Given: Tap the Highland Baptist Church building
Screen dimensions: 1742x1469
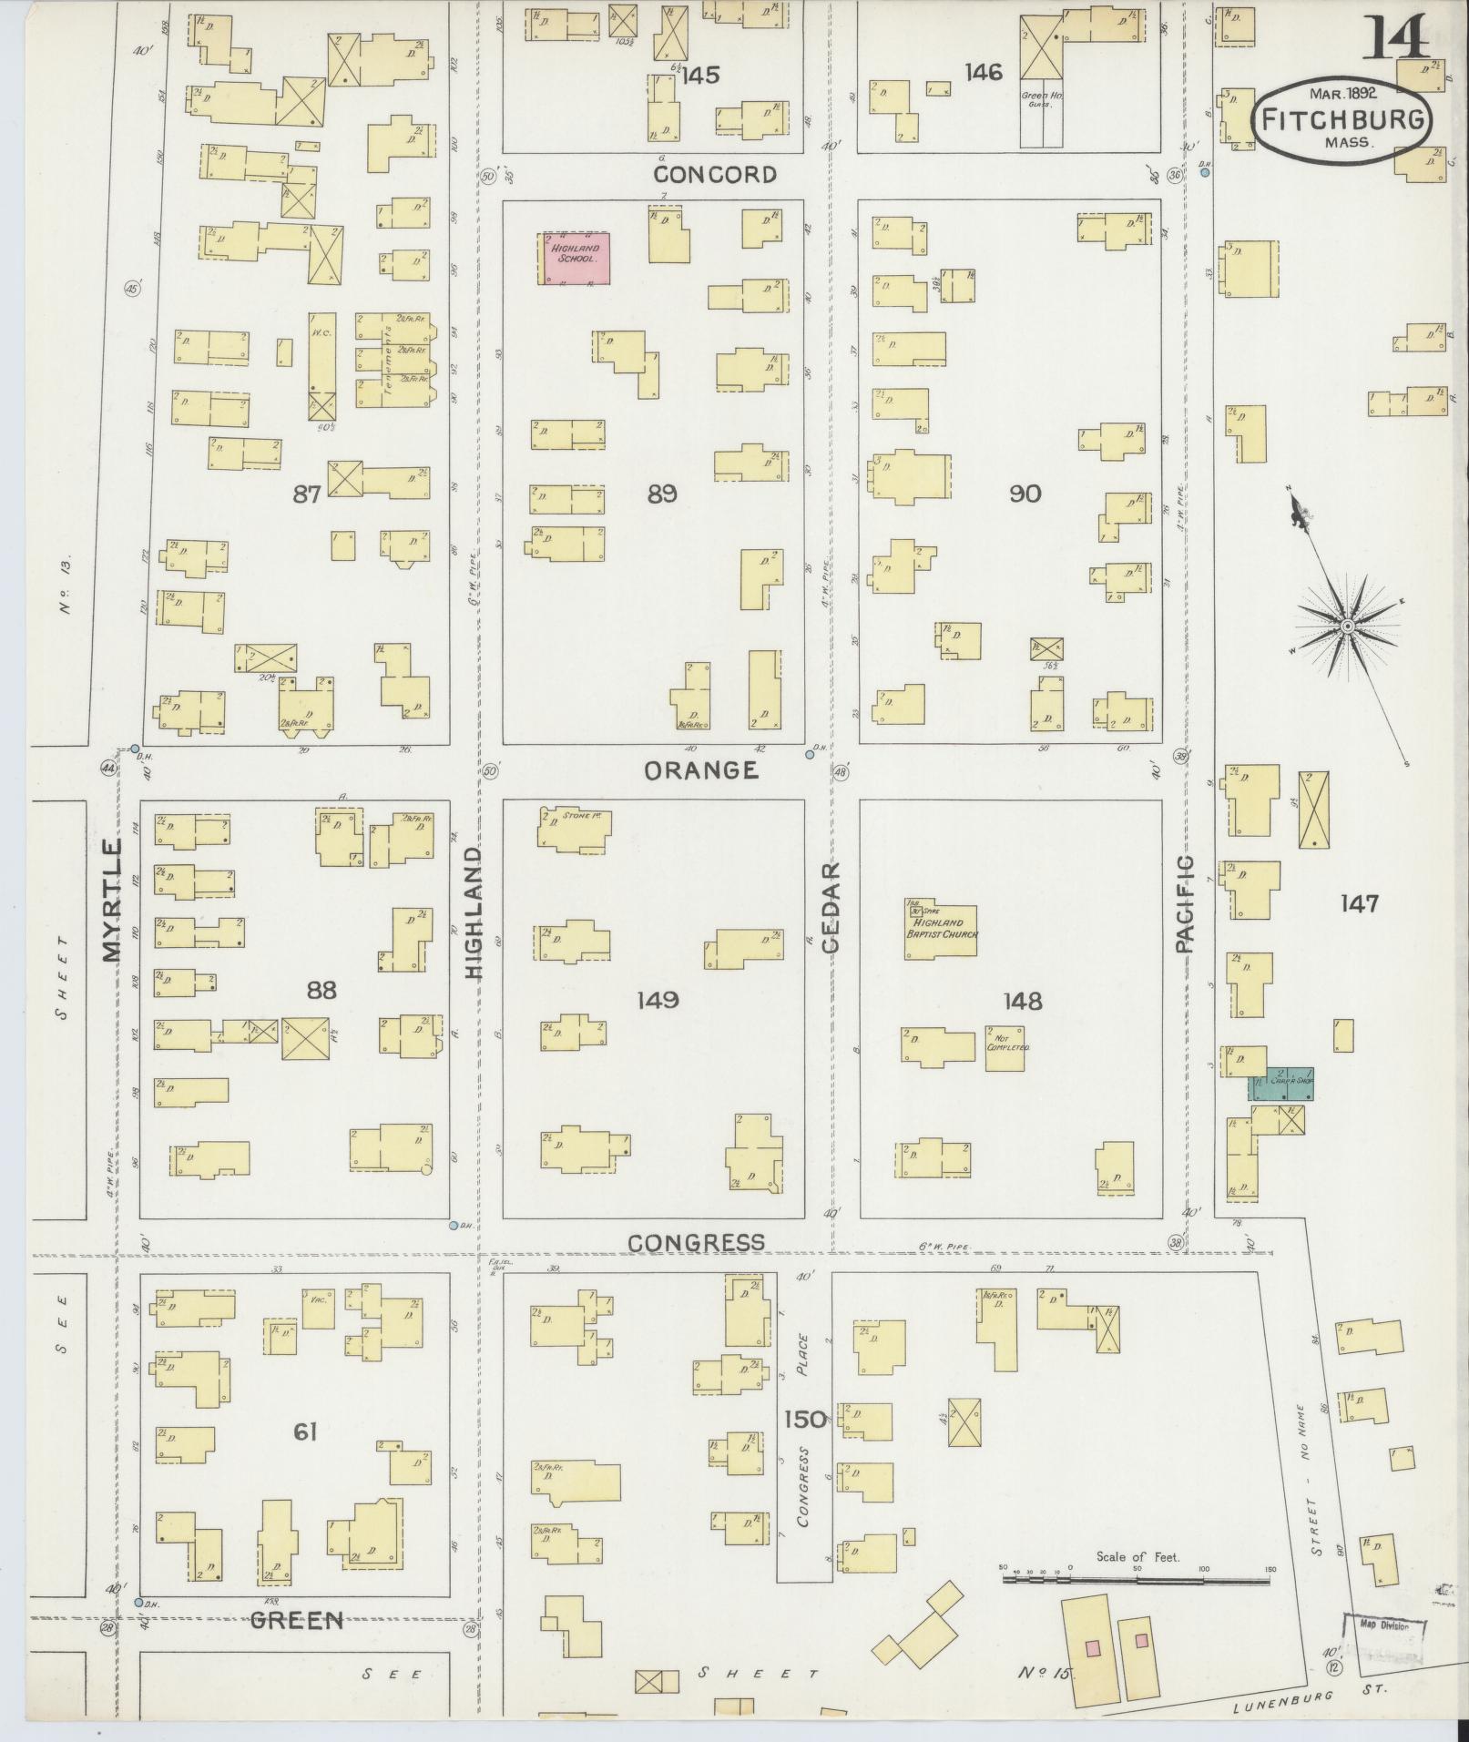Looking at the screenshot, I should [940, 931].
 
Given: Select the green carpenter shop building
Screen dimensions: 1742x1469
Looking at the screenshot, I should [1280, 1084].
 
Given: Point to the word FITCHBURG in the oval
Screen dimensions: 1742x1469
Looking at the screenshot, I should [1342, 119].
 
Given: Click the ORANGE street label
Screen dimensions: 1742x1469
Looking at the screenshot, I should [700, 771].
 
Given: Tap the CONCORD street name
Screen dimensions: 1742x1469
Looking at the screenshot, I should [715, 175].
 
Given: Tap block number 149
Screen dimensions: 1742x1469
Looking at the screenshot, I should [658, 1001].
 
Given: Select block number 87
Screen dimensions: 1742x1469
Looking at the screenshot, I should [307, 494].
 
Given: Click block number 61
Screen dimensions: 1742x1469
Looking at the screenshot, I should [304, 1433].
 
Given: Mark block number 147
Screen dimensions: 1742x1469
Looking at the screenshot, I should [1359, 904].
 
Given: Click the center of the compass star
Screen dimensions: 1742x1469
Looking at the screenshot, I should [1346, 627].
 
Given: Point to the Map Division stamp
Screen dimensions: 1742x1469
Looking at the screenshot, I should [1383, 1627].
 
